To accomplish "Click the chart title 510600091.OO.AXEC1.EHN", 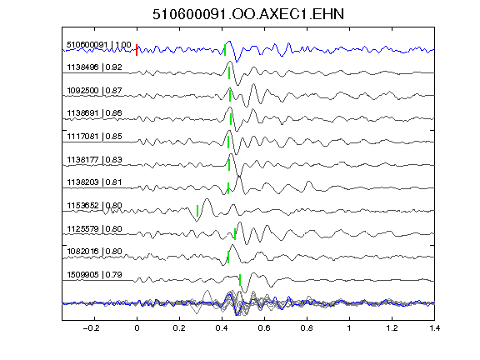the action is [248, 14].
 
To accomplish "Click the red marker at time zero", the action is [137, 50].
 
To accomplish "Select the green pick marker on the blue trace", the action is [225, 50].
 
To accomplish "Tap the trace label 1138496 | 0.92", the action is [94, 67].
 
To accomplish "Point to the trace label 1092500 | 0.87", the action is [94, 91].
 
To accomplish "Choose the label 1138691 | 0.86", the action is [94, 113].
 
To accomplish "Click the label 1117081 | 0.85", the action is [94, 136].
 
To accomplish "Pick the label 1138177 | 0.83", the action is [94, 159].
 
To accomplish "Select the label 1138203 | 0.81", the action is [94, 182].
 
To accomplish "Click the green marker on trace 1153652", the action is [197, 211].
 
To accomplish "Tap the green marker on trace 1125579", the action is [235, 234].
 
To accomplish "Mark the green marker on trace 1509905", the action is [240, 280].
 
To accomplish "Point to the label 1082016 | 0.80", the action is [94, 252].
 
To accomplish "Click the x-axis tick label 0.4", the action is [222, 328].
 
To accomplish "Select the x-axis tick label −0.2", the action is [92, 328].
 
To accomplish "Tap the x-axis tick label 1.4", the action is [434, 328].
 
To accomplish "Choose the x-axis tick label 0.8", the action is [307, 328].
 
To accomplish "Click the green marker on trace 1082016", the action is [228, 257].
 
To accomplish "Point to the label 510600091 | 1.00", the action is [99, 45].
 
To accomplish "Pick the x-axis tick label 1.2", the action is [392, 328].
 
